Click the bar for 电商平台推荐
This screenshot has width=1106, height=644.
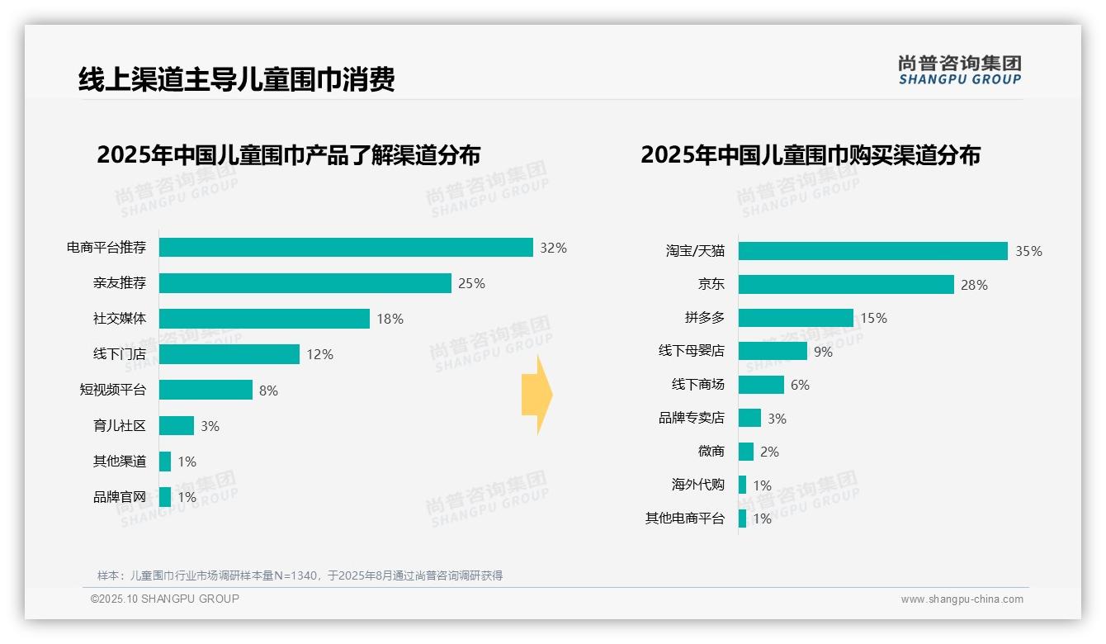coord(346,248)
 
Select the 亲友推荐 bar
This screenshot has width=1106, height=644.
coord(305,283)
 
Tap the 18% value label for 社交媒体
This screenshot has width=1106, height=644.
coord(390,320)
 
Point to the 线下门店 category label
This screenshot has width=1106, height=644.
coord(119,354)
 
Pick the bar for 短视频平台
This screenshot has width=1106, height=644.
coord(206,390)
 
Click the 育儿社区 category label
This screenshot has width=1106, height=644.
coord(119,426)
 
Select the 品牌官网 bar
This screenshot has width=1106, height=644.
coord(165,497)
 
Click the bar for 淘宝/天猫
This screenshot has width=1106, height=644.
coord(872,251)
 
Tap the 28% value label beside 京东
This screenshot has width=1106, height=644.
coord(974,285)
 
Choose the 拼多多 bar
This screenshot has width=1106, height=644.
coord(796,318)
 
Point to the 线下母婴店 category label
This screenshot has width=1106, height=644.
coord(691,351)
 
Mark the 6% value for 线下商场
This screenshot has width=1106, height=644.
coord(800,385)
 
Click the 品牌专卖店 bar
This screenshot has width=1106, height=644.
coord(749,418)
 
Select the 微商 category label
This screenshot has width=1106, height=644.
coord(711,452)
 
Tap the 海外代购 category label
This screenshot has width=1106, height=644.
coord(697,485)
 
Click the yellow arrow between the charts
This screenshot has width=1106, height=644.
coord(536,395)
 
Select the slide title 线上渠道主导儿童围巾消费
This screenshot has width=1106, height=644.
coord(236,79)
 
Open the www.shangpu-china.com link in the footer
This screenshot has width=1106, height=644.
coord(962,599)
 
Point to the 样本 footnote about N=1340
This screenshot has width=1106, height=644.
coord(300,575)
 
